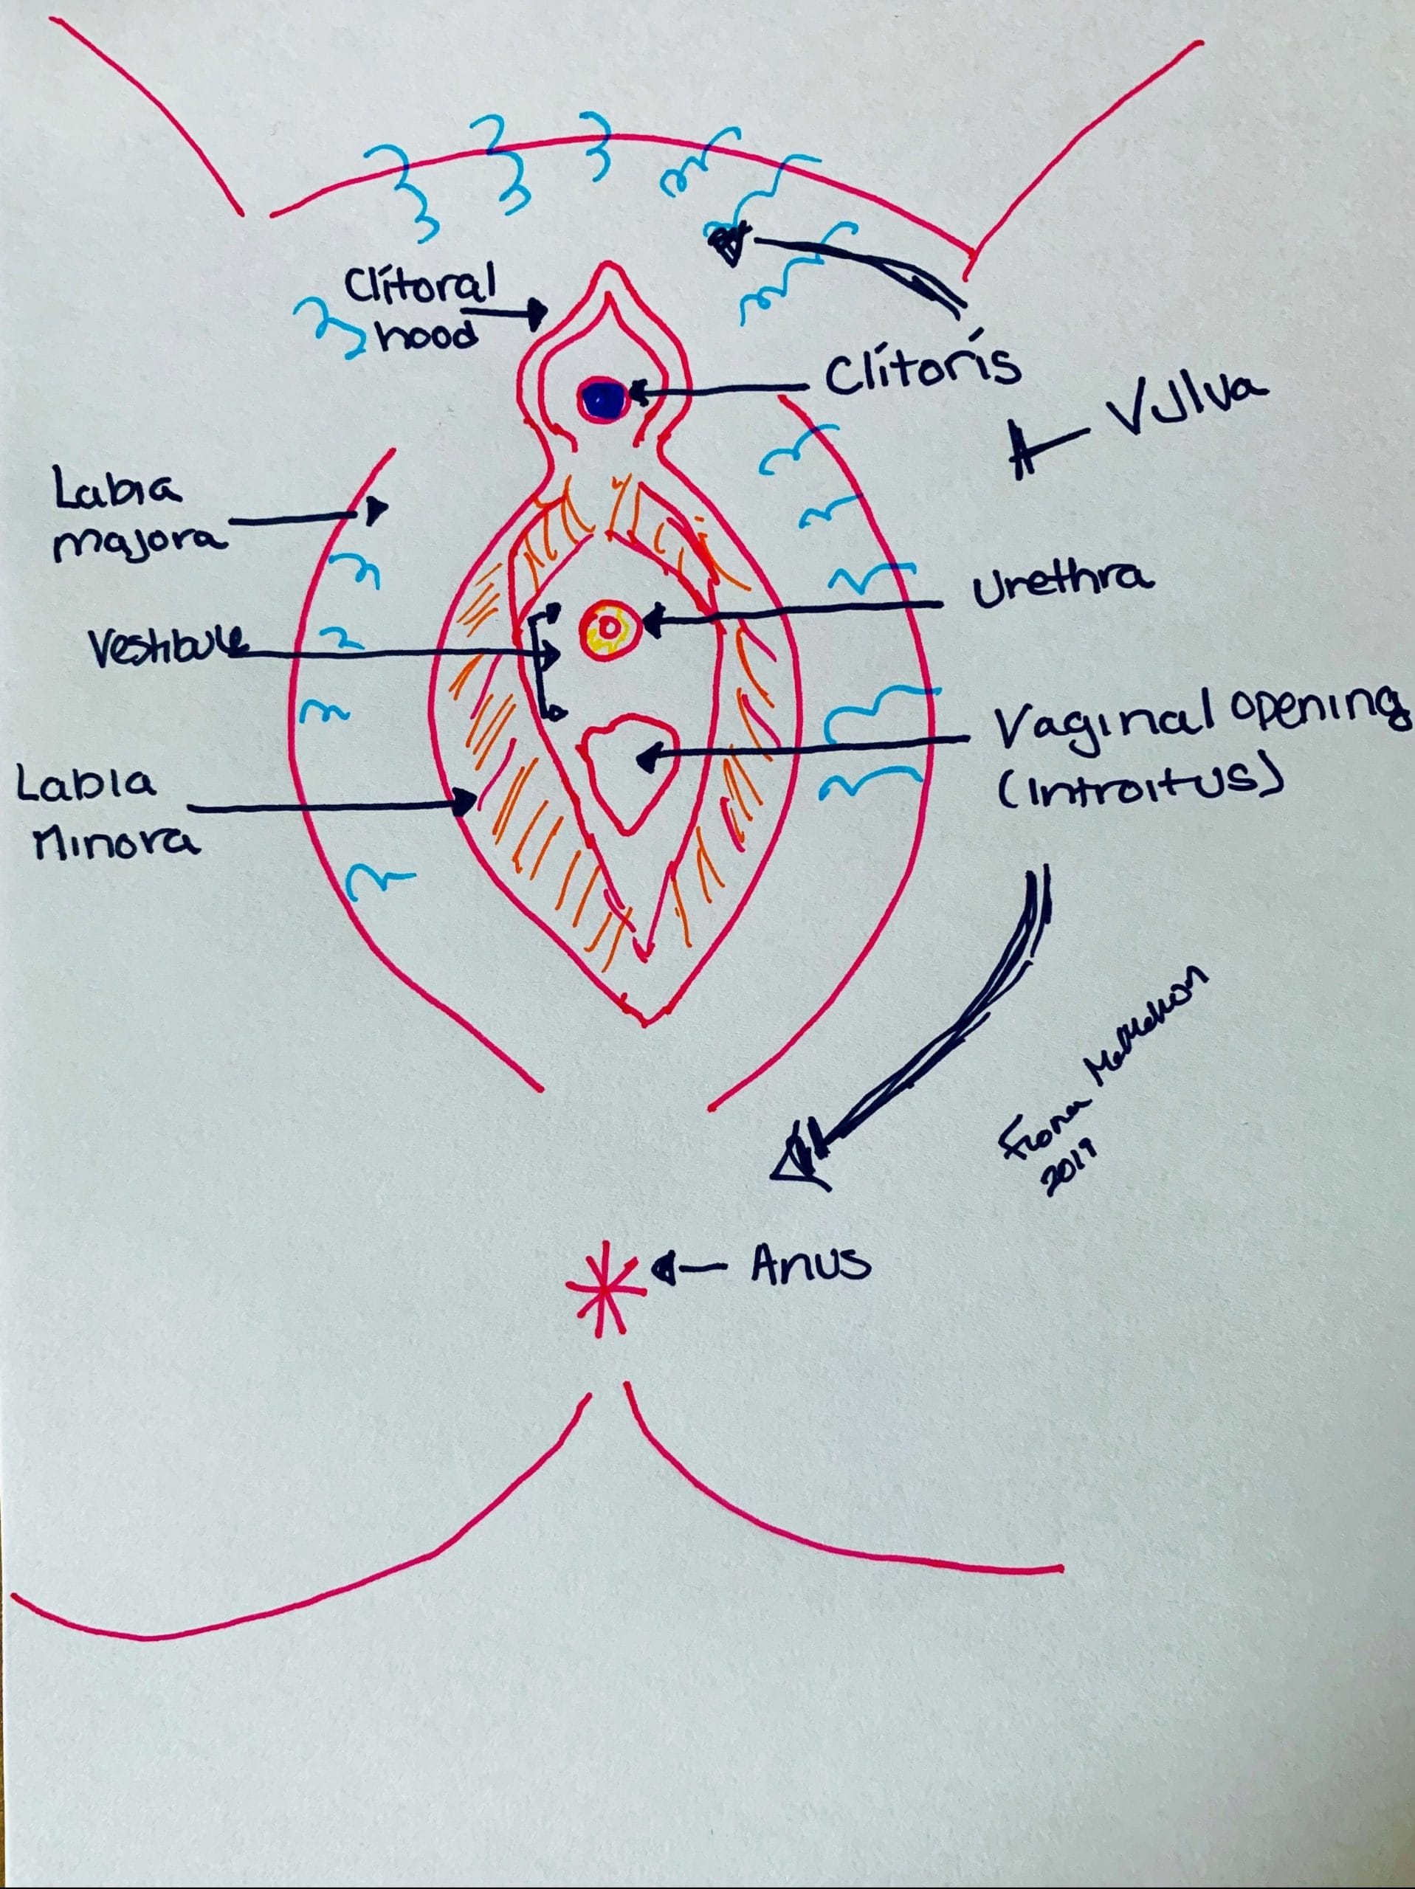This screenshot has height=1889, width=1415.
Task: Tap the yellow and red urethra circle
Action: coord(608,629)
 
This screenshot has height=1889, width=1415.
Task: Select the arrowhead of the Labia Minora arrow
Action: coord(466,802)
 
